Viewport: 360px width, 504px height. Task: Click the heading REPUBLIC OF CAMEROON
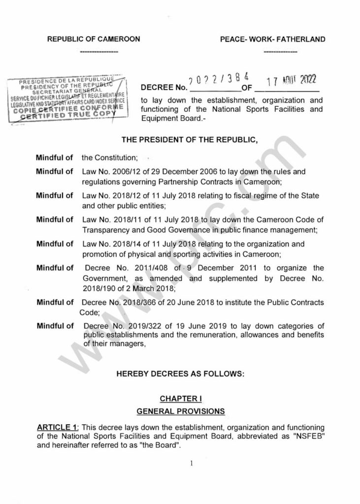[94, 39]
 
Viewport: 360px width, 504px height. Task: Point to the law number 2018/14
[124, 244]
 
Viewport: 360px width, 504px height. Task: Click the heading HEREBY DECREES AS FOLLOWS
[180, 374]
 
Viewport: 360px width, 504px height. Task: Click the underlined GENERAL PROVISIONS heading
[180, 409]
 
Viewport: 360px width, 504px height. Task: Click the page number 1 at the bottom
[181, 463]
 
